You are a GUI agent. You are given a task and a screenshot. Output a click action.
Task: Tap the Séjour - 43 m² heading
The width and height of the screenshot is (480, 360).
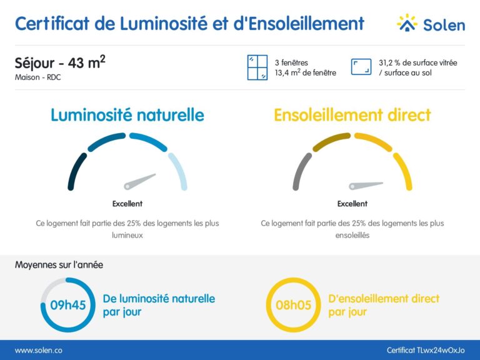tap(59, 63)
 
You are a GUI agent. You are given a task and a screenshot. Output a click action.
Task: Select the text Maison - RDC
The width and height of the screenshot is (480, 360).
tap(38, 77)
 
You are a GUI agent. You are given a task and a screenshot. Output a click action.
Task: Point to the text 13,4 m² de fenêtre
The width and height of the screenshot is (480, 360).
tap(305, 73)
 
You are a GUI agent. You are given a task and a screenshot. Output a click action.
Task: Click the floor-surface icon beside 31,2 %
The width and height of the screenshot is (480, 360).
tap(361, 67)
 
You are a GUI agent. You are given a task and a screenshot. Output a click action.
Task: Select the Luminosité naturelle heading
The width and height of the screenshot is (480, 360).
tap(127, 115)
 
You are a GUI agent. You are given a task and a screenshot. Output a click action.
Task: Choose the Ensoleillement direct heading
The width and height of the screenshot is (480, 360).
tap(352, 115)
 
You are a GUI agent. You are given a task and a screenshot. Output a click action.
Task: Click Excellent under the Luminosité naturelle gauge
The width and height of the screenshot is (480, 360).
tap(127, 204)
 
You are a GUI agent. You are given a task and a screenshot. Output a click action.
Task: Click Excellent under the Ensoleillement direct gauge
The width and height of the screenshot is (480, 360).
tap(352, 204)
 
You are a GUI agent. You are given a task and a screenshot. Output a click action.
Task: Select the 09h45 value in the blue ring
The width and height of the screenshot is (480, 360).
tap(67, 306)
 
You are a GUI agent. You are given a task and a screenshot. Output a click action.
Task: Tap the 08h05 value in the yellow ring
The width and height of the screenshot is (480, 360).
tap(293, 306)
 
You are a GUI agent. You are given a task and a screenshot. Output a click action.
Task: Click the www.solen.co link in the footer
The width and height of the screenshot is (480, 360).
tap(38, 351)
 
